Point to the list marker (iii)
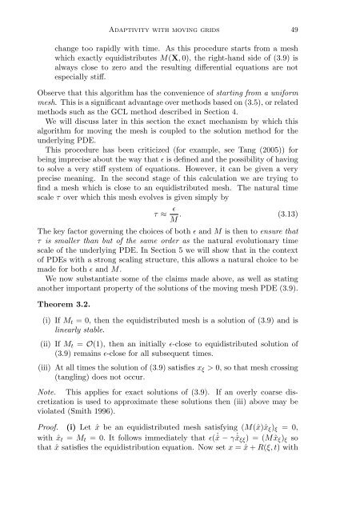click(x=46, y=390)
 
